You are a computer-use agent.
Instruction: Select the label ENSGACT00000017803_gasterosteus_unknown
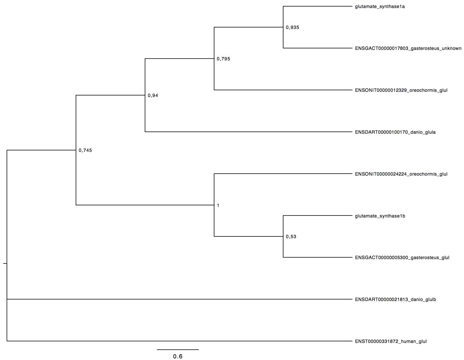(408, 49)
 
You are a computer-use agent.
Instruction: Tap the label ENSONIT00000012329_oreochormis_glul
(401, 90)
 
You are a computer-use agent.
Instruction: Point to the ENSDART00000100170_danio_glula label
(395, 132)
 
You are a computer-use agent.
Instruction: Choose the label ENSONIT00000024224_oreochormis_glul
(401, 174)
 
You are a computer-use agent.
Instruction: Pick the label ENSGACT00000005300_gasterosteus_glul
(402, 258)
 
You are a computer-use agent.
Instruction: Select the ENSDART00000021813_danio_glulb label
(395, 300)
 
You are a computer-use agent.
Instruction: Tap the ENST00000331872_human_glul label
(391, 342)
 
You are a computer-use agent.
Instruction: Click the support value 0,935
(292, 28)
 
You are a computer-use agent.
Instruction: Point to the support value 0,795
(223, 59)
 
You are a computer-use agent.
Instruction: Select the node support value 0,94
(153, 96)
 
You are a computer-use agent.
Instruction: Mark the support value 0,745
(85, 151)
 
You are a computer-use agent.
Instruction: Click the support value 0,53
(291, 237)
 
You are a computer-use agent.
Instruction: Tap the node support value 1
(218, 206)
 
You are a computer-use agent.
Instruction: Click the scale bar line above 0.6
(178, 350)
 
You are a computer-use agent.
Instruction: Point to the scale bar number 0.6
(178, 356)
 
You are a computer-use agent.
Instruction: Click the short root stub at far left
(5, 264)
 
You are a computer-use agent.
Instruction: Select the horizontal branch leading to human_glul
(180, 341)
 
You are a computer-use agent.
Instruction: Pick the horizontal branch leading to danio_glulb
(180, 299)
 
